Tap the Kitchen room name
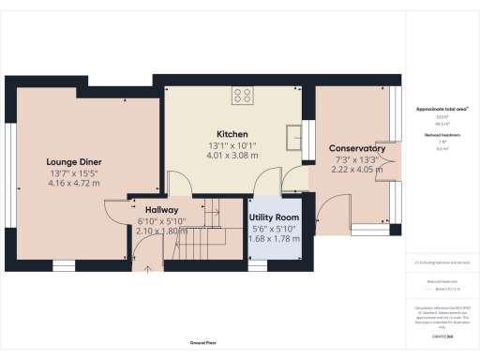coord(231,134)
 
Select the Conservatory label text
coord(357,148)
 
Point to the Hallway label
coord(149,210)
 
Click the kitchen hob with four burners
coord(244,94)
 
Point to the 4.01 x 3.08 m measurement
coord(231,157)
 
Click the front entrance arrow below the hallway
coord(147,270)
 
